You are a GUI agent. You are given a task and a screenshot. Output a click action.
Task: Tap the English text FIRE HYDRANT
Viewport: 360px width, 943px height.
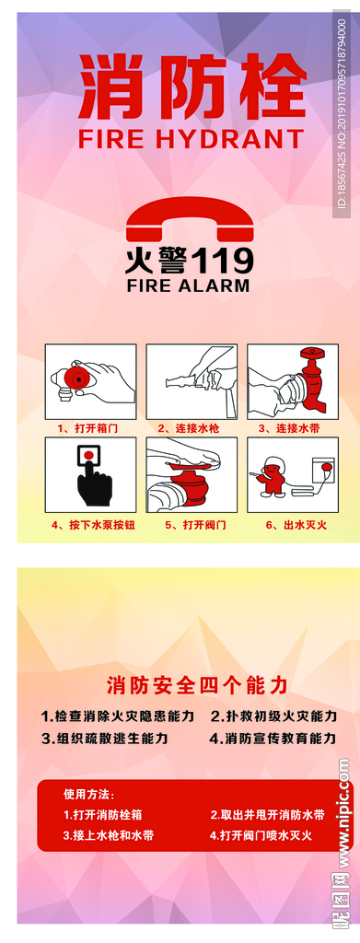[192, 140]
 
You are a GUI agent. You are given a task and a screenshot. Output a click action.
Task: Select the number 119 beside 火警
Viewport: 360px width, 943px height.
[222, 262]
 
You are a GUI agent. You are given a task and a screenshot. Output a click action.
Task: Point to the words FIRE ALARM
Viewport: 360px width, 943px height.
[188, 285]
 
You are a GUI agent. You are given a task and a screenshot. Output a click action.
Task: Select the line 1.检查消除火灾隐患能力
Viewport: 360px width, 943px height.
[117, 716]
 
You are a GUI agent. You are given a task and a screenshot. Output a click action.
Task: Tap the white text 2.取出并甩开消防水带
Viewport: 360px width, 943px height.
[267, 816]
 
